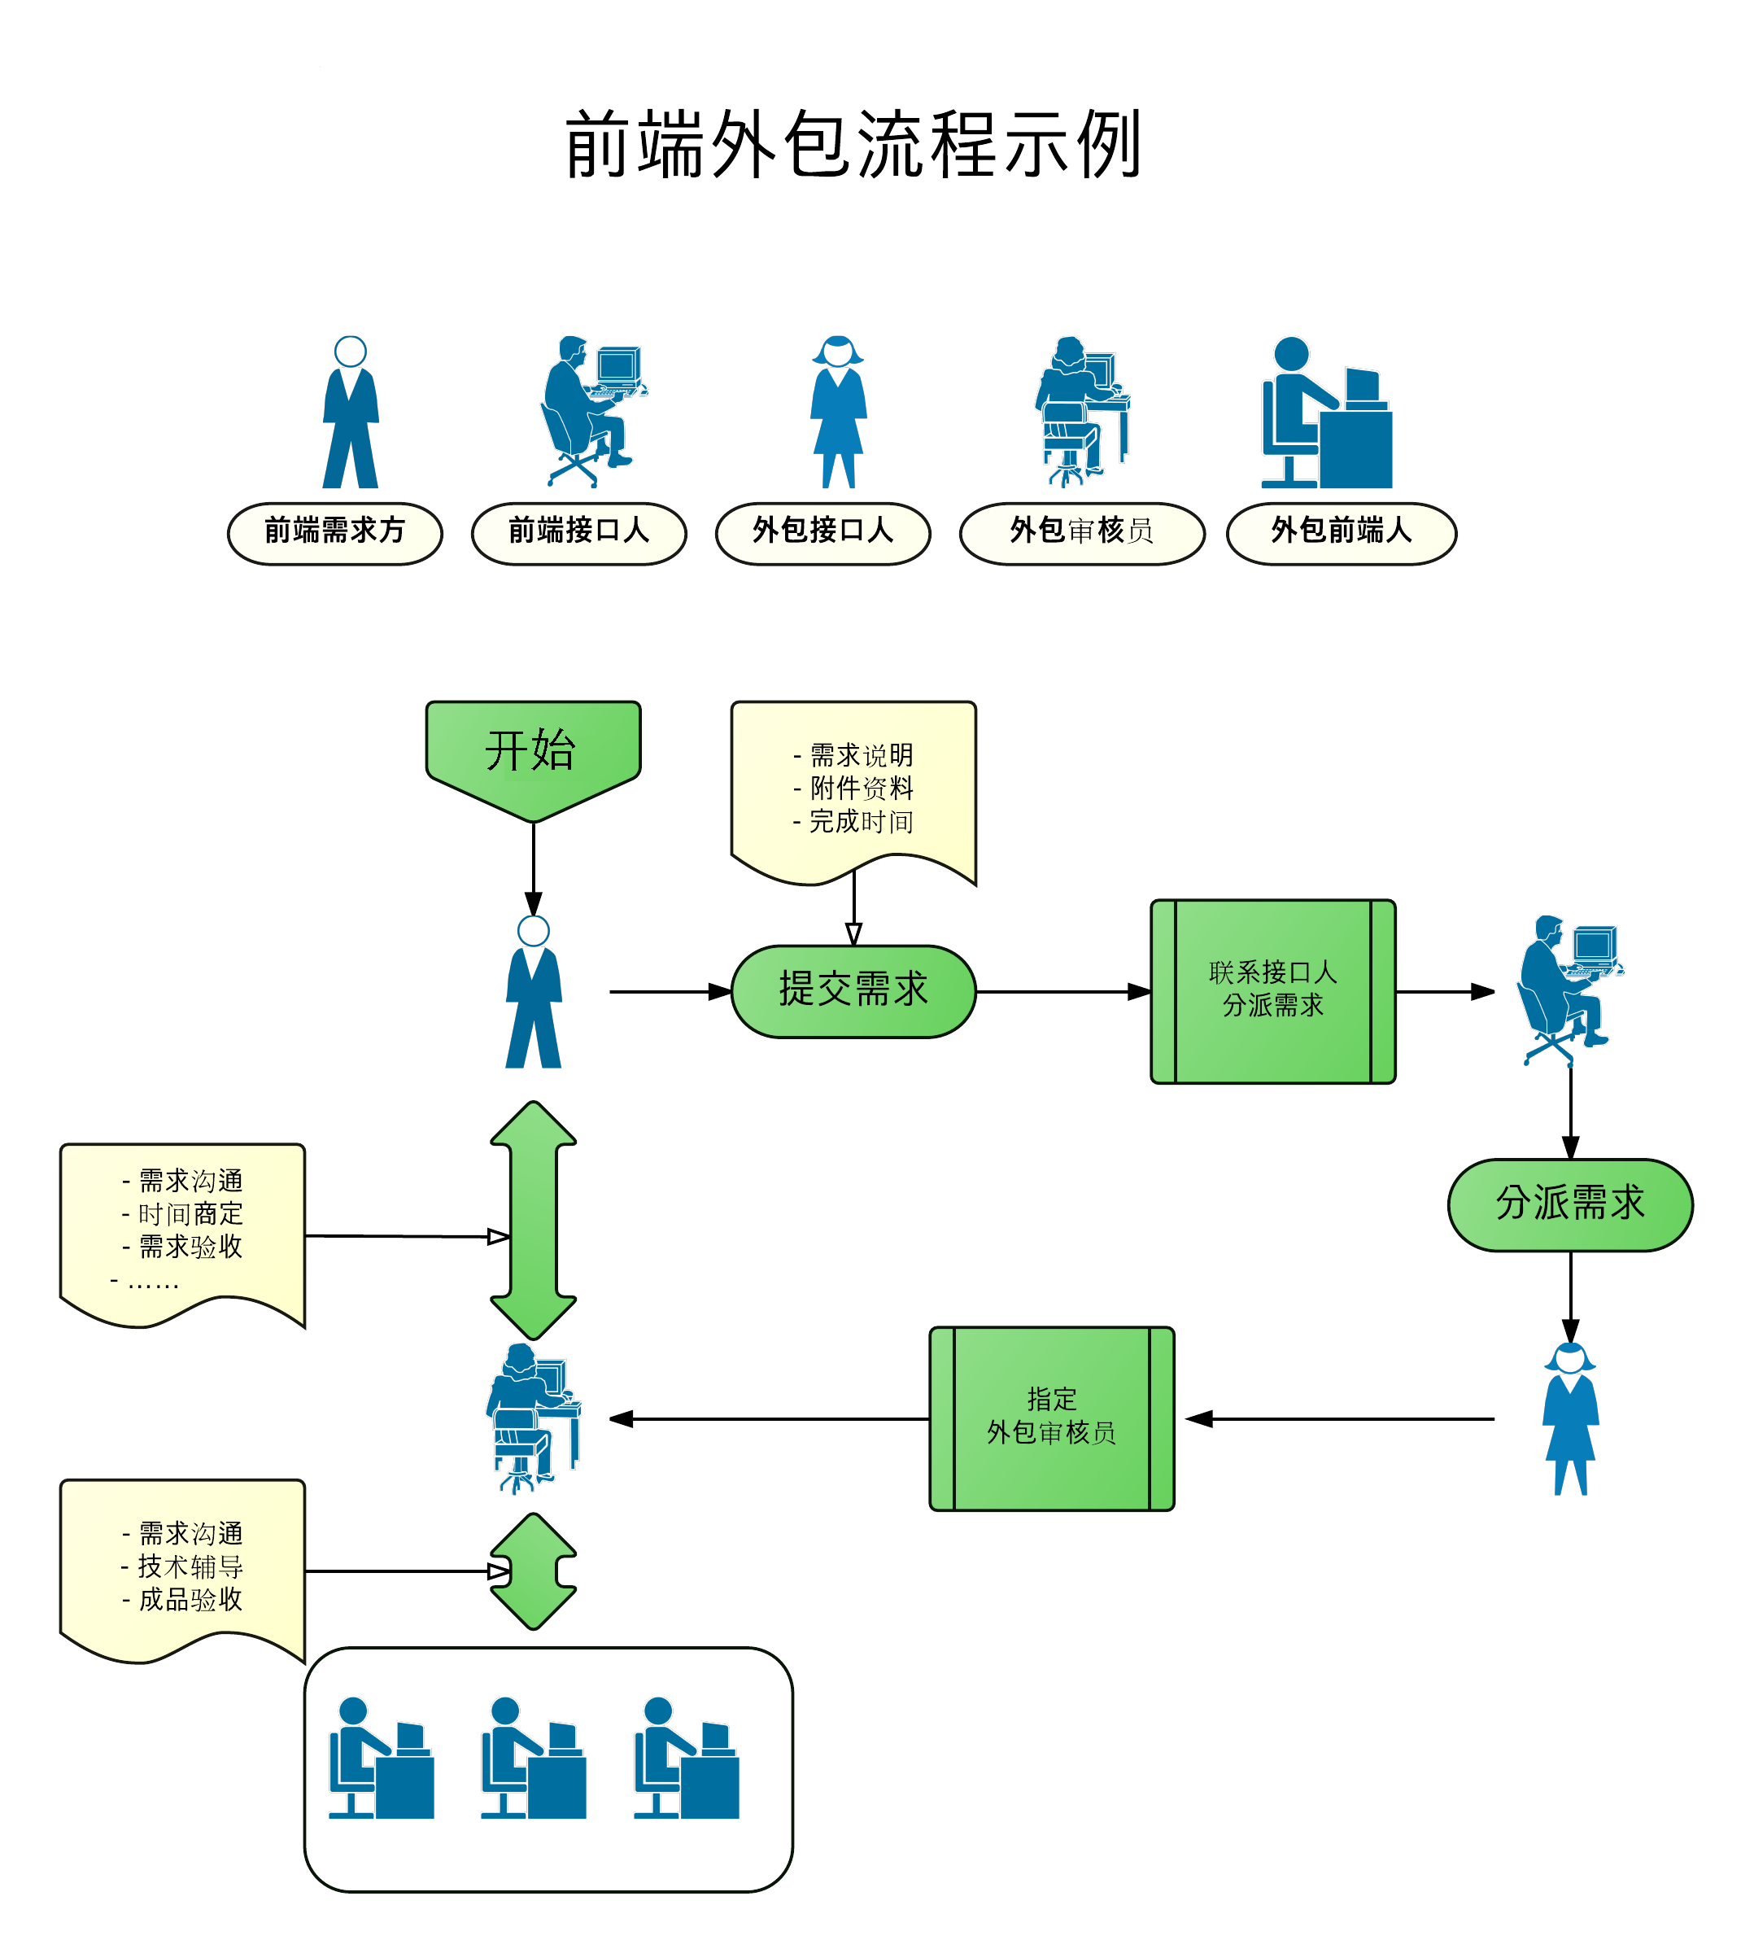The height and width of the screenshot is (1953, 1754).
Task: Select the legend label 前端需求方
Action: [x=334, y=531]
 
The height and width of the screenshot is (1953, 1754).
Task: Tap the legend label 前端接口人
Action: [x=578, y=531]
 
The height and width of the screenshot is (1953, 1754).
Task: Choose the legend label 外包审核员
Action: [x=1081, y=531]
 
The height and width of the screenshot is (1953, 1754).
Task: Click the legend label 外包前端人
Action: [x=1341, y=531]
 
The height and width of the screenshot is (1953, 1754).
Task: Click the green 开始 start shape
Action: [x=532, y=753]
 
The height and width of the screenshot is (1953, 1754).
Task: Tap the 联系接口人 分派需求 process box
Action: [x=1272, y=990]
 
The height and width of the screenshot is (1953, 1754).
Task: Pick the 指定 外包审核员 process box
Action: [x=1050, y=1417]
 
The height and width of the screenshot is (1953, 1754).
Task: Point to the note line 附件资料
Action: [x=860, y=788]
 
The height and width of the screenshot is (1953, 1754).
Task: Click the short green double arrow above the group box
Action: [x=533, y=1571]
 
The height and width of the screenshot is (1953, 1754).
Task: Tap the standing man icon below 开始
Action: [x=533, y=993]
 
